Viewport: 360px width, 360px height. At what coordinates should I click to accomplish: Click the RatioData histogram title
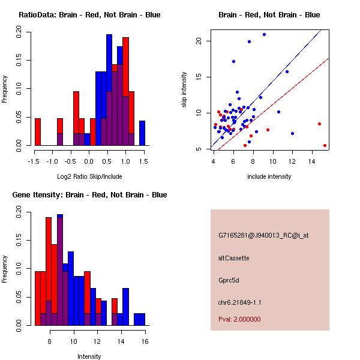(x=89, y=14)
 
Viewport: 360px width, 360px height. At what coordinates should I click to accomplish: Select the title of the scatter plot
(x=269, y=14)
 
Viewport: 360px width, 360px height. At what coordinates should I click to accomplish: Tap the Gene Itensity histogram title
(x=89, y=194)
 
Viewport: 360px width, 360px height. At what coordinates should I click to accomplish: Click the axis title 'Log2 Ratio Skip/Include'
(x=89, y=176)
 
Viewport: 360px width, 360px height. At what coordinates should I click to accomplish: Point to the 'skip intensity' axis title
(x=185, y=90)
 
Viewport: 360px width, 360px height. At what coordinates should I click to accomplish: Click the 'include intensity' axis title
(x=269, y=176)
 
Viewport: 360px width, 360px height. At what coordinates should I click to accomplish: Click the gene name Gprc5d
(x=229, y=280)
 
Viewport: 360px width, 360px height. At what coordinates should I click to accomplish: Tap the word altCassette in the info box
(x=234, y=258)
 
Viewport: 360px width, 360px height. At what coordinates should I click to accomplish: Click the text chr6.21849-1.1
(x=240, y=301)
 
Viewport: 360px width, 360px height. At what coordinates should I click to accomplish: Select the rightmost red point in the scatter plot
(x=325, y=145)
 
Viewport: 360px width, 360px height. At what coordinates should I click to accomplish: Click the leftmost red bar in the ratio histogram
(x=38, y=132)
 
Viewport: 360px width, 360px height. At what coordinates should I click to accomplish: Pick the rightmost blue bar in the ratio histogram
(x=142, y=133)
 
